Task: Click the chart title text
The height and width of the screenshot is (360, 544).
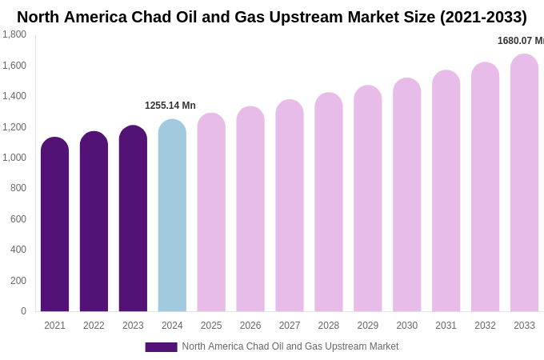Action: [272, 17]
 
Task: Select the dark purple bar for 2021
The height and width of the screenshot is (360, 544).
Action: [54, 228]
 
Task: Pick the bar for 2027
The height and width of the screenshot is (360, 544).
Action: [290, 208]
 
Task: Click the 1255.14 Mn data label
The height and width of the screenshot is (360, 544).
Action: [170, 106]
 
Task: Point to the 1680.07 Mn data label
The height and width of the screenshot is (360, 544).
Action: [520, 41]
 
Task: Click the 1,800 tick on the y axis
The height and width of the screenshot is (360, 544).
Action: [14, 34]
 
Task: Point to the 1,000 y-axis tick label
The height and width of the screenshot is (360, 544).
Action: [14, 158]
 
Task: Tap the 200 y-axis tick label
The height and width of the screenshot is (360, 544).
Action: [18, 281]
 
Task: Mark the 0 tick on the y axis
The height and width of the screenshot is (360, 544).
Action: [23, 311]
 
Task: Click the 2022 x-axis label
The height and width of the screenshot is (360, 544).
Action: [94, 326]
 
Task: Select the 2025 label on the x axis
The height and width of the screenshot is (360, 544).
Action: [211, 326]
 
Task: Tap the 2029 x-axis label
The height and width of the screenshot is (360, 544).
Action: [368, 326]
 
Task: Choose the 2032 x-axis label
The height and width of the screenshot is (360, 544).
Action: [485, 326]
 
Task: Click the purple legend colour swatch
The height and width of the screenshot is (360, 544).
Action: [161, 347]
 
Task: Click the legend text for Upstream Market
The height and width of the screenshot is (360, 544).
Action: [290, 346]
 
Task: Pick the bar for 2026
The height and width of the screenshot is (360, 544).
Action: [250, 211]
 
